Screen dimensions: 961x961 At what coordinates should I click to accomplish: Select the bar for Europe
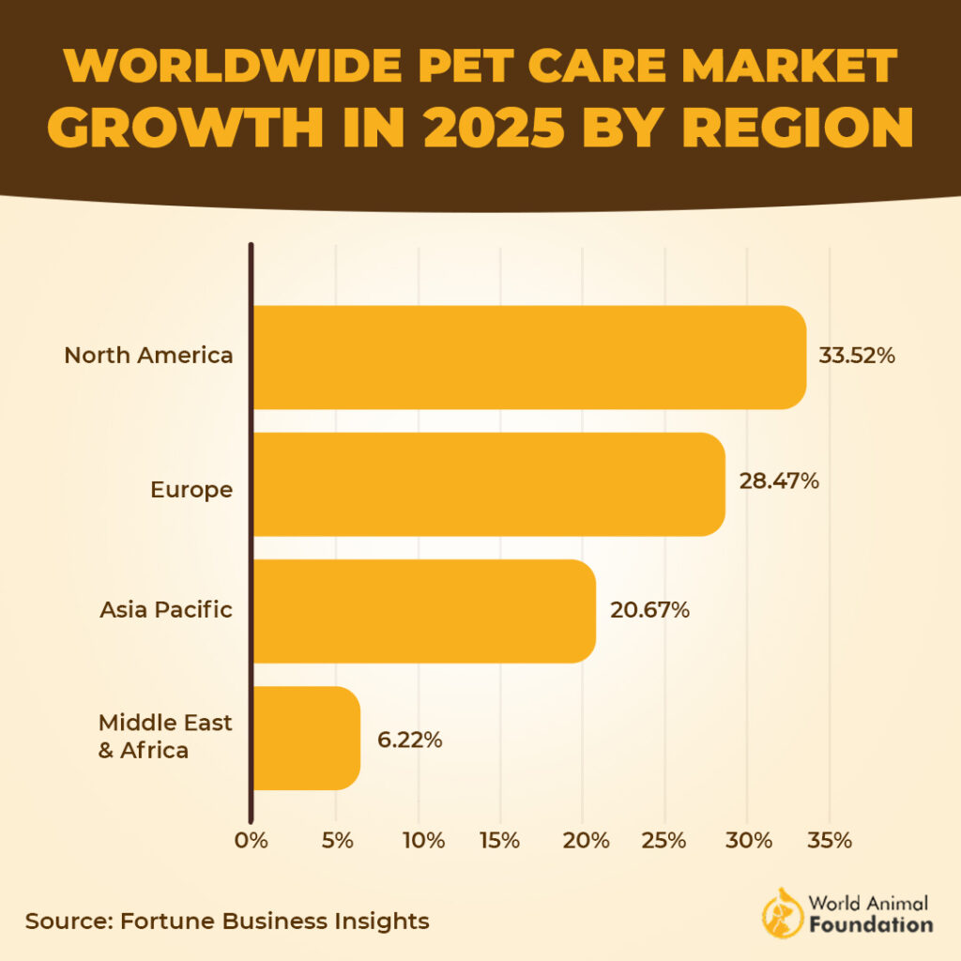tap(488, 484)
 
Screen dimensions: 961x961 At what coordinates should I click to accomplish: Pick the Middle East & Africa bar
tap(306, 739)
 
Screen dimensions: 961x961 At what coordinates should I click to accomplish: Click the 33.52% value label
tap(857, 357)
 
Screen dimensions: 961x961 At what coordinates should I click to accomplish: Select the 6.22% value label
tap(409, 740)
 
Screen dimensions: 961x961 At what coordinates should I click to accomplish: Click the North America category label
tap(148, 357)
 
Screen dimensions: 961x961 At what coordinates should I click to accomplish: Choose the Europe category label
tap(191, 490)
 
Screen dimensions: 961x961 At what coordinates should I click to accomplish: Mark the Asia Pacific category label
tap(166, 610)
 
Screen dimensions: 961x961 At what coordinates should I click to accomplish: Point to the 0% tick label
tap(252, 840)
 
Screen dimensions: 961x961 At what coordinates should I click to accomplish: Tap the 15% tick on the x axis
tap(499, 840)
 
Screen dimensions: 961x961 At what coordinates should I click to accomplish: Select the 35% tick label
tap(829, 840)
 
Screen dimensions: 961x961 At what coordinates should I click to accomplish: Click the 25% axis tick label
tap(664, 840)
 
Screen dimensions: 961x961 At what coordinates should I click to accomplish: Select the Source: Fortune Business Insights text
tap(227, 921)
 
